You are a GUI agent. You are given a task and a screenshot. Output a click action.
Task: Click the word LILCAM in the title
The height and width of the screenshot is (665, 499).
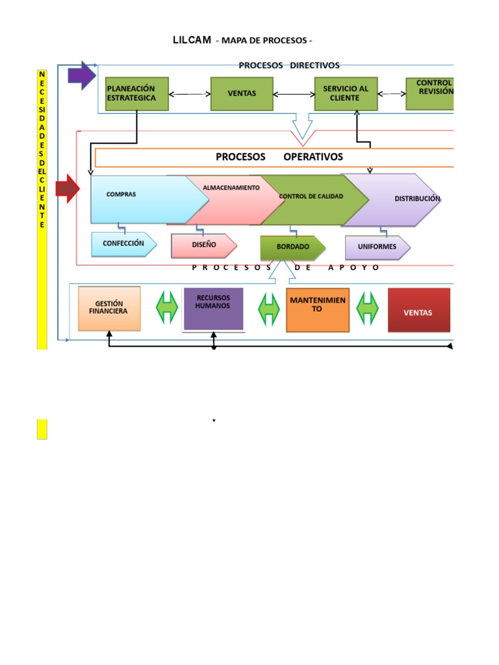(x=192, y=40)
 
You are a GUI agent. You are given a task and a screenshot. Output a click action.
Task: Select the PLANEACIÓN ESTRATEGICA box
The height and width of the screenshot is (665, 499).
(x=136, y=94)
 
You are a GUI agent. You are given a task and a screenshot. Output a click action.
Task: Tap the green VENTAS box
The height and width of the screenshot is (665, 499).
(x=242, y=94)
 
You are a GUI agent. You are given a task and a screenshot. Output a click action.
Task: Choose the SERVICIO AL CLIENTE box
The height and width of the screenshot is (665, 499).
(x=345, y=94)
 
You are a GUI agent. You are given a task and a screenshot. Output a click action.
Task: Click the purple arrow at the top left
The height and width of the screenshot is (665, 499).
(x=82, y=75)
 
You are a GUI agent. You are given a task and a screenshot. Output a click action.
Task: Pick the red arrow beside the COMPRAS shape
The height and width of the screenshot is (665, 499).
(x=68, y=189)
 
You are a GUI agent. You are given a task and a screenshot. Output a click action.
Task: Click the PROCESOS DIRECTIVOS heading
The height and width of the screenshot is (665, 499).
(x=288, y=65)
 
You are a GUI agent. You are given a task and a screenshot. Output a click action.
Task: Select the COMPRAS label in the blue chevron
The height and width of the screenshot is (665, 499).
(x=121, y=194)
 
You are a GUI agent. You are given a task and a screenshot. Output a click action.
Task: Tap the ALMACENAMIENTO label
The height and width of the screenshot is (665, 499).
(x=231, y=188)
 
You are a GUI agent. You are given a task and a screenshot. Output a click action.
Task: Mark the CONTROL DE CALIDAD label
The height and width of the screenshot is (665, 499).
(x=311, y=196)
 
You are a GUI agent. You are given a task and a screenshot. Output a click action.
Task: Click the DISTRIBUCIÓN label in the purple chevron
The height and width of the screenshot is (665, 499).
(x=417, y=199)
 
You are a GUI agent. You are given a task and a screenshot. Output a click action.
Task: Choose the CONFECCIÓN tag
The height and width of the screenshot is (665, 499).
(x=123, y=244)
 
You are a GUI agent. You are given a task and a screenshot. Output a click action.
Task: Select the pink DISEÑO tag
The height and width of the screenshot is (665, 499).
(x=204, y=245)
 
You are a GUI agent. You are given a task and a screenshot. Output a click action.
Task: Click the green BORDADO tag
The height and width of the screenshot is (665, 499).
(x=292, y=247)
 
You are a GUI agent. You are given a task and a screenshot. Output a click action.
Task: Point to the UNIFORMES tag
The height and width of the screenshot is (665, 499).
(x=377, y=247)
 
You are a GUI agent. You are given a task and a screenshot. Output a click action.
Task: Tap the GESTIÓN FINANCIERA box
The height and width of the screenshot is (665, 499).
(x=109, y=308)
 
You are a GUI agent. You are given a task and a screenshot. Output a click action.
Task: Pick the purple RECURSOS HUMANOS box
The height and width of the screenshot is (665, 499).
(x=213, y=308)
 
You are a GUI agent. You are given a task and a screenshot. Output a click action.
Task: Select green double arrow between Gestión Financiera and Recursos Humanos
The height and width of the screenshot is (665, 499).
(x=167, y=307)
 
